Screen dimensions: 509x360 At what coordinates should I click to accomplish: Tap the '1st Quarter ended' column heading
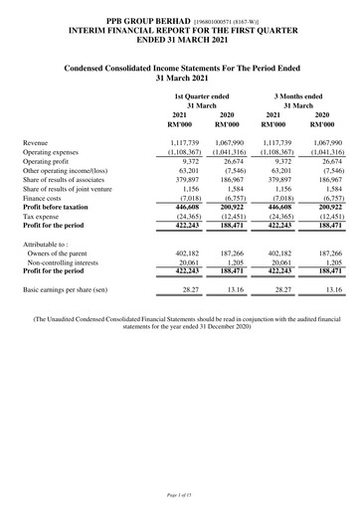pyautogui.click(x=201, y=95)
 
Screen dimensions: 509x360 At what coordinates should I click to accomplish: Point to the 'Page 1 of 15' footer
pyautogui.click(x=180, y=494)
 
